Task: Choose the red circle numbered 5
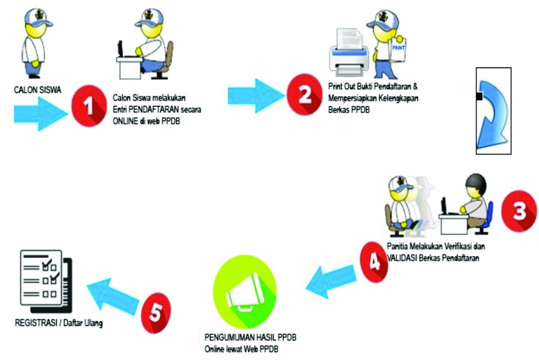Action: pos(155,312)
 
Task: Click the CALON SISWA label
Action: pos(33,89)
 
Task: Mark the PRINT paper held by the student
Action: pos(402,49)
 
